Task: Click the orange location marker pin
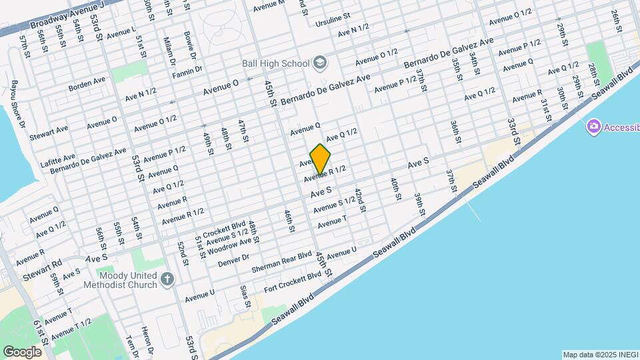[321, 159]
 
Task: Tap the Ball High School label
[275, 63]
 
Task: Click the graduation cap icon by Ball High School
[321, 63]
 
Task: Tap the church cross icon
[167, 279]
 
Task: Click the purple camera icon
[593, 127]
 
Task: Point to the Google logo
[23, 351]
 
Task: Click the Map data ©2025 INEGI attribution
[599, 355]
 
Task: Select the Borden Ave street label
[87, 82]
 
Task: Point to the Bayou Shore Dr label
[17, 105]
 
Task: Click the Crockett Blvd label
[225, 229]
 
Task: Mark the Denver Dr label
[233, 260]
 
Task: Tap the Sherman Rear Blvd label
[282, 263]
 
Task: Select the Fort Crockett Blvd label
[293, 285]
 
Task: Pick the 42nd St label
[360, 200]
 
